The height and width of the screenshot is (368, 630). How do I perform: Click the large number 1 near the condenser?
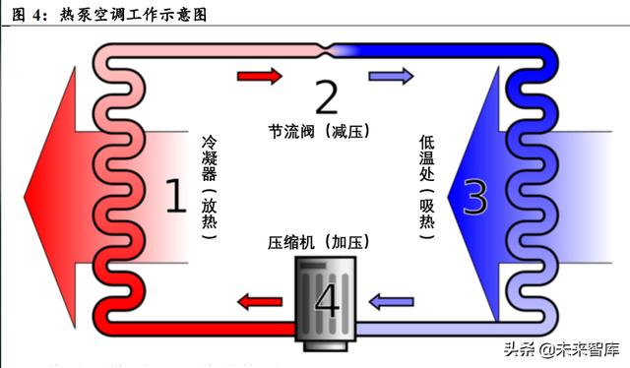174,196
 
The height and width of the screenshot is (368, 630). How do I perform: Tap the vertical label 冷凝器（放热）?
208,188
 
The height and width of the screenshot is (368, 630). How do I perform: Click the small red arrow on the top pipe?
258,74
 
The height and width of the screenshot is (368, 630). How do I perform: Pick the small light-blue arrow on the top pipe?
384,74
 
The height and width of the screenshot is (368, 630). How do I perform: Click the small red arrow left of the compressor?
259,300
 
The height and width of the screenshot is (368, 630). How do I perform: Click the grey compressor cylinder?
326,295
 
